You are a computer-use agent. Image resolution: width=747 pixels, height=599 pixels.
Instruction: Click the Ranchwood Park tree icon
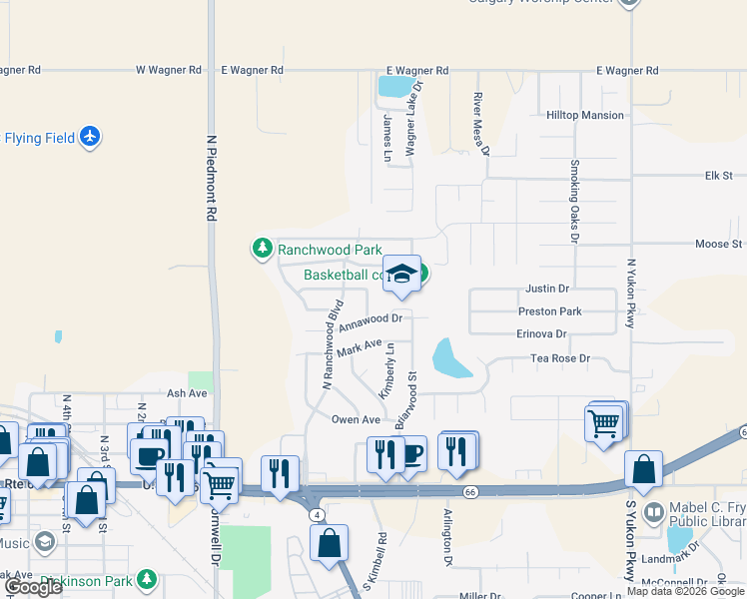pos(262,248)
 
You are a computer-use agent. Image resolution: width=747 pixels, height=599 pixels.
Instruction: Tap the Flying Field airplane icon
pos(91,136)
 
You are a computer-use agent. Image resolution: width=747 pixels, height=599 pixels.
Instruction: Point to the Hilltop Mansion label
pos(584,116)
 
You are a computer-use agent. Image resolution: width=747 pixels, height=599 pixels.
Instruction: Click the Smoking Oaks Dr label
pos(574,201)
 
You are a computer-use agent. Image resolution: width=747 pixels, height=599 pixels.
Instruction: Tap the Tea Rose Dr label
pos(560,357)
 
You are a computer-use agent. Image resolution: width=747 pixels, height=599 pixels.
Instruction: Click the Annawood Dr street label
pos(370,321)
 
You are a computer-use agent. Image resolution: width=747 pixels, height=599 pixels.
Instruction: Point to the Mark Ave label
pos(361,348)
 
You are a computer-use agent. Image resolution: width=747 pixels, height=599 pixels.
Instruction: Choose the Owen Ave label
pos(357,420)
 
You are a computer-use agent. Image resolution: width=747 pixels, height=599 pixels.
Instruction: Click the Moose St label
pos(719,244)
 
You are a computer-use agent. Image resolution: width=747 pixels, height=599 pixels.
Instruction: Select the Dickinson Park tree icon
pos(147,578)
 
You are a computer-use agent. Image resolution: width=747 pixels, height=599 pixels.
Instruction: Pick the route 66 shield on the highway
pos(468,491)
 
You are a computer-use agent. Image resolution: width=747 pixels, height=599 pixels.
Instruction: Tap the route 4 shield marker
pos(318,514)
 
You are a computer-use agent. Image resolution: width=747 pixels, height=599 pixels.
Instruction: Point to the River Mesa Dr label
pos(481,124)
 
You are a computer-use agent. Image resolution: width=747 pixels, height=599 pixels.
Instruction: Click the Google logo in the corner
pos(33,587)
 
